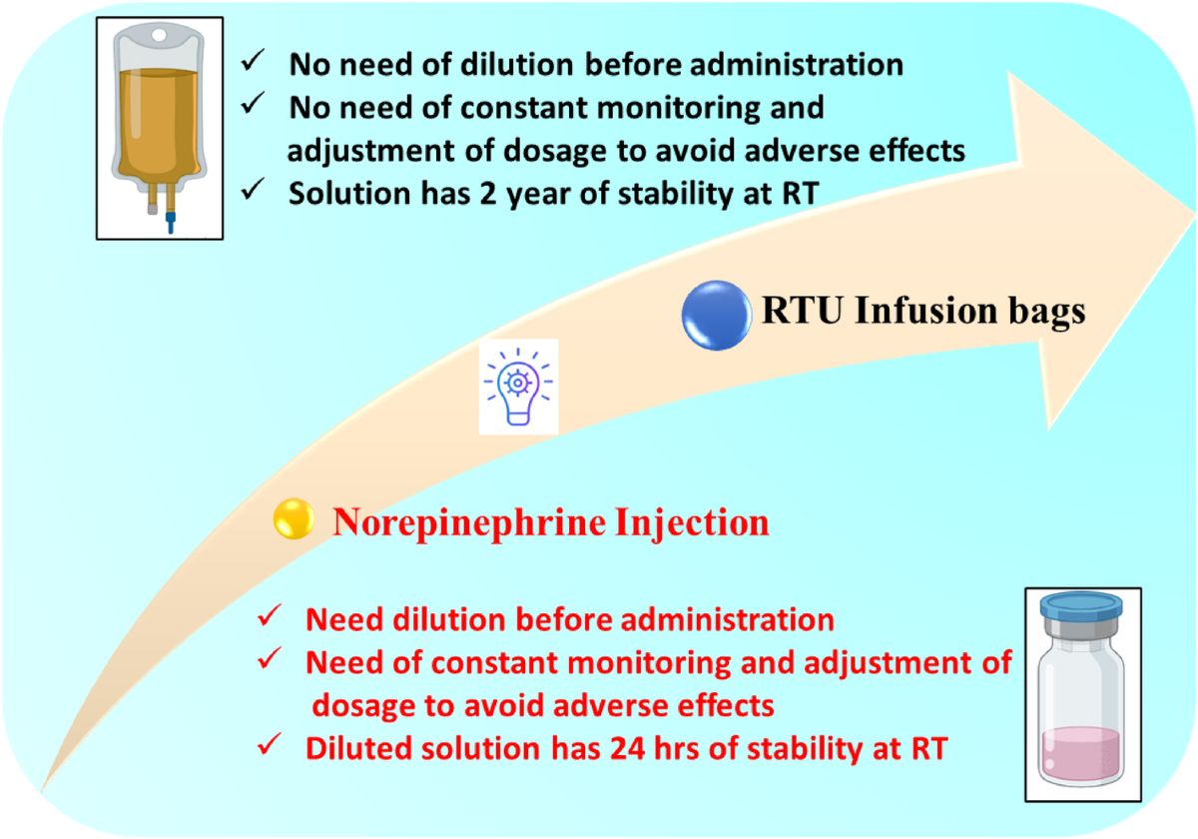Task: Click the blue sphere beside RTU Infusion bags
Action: click(715, 314)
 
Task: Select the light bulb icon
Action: click(518, 387)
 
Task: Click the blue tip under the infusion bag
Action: click(171, 219)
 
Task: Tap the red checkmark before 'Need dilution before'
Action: click(268, 619)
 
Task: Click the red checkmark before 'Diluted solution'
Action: click(268, 747)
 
